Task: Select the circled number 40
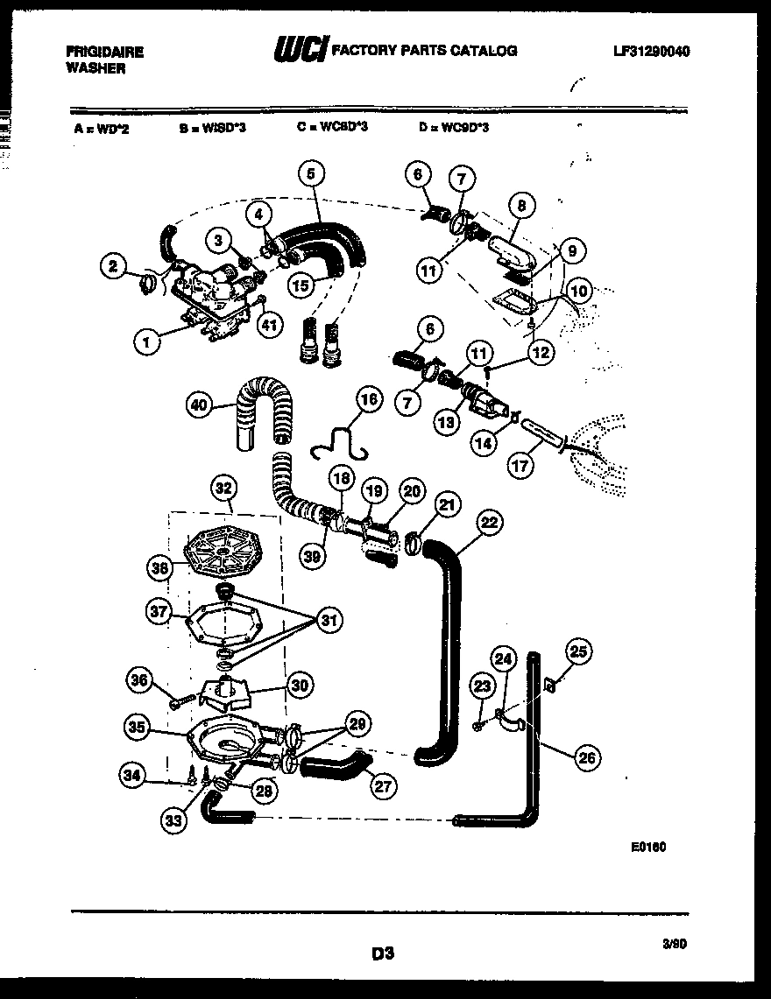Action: pyautogui.click(x=201, y=405)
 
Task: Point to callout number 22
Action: pyautogui.click(x=490, y=523)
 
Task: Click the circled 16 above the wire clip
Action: pyautogui.click(x=369, y=399)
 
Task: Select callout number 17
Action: pyautogui.click(x=520, y=465)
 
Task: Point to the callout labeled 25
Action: pyautogui.click(x=578, y=651)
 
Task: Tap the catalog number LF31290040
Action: pyautogui.click(x=651, y=51)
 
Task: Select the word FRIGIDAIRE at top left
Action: pyautogui.click(x=104, y=52)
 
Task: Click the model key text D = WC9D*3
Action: pyautogui.click(x=453, y=128)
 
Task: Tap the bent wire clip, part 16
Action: pyautogui.click(x=342, y=443)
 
